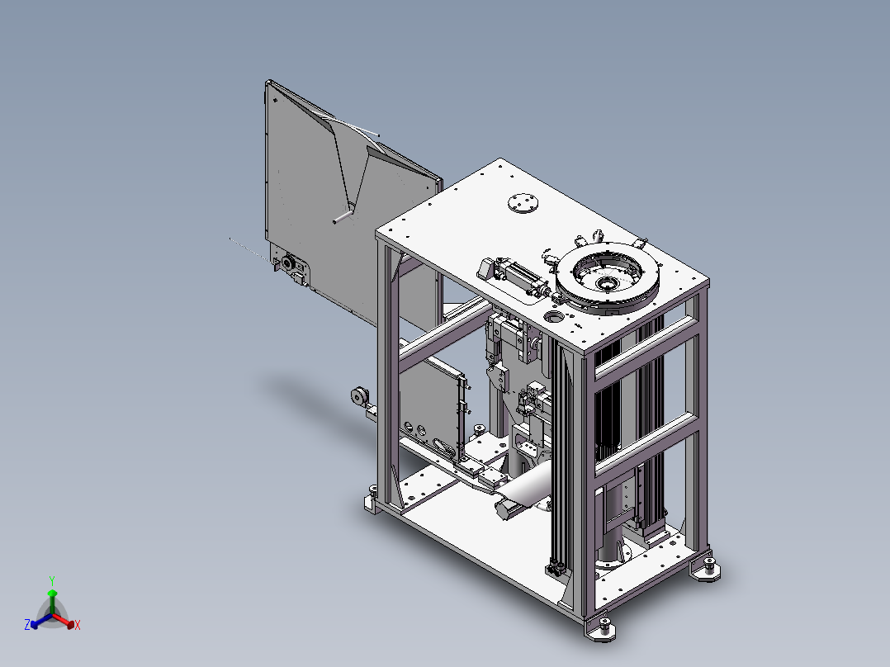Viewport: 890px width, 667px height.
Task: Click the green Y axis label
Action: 52,580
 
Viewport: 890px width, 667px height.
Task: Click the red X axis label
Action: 78,625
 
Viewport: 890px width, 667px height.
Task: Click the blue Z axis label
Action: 27,624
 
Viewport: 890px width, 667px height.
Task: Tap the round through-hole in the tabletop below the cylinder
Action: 555,315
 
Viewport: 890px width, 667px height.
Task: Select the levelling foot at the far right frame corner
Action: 708,570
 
